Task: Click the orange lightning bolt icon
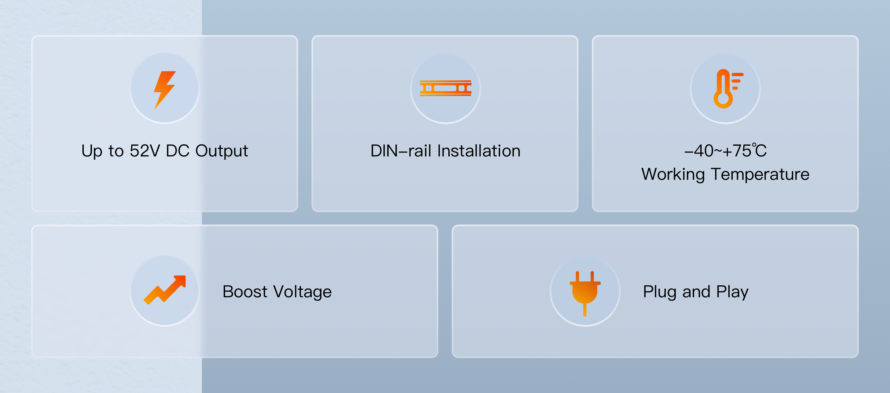[164, 90]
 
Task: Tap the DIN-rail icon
[445, 88]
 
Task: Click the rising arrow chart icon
[165, 290]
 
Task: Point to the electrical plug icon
[585, 292]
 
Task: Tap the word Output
[221, 151]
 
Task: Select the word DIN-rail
[400, 151]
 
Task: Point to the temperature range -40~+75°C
[725, 151]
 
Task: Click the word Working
[673, 174]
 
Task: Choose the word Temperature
[760, 174]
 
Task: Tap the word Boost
[245, 292]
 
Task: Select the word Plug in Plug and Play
[659, 292]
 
